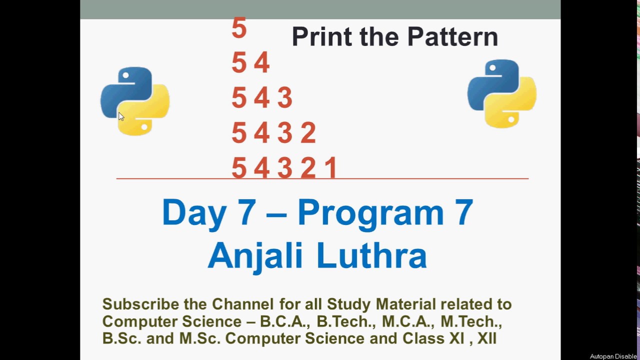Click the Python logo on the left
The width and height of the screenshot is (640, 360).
[x=135, y=101]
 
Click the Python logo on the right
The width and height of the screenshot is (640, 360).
[x=501, y=94]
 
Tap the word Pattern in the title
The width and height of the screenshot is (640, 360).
[x=452, y=36]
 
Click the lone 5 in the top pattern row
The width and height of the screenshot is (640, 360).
[x=239, y=28]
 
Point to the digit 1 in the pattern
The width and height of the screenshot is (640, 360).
[x=331, y=168]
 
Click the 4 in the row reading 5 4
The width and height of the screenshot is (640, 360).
[x=261, y=63]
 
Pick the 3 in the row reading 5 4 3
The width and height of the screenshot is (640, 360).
[x=284, y=98]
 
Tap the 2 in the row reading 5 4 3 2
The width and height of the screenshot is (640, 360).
[x=308, y=133]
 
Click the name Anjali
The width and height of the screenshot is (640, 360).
[x=255, y=256]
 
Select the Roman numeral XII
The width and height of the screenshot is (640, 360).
[x=486, y=338]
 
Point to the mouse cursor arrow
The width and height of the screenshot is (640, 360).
[x=120, y=116]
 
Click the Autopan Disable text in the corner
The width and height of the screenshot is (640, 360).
[x=613, y=356]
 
